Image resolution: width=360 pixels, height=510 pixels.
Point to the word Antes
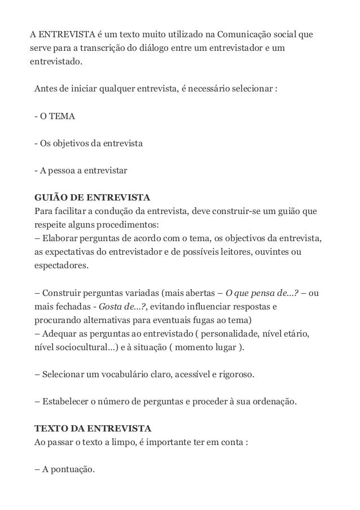pyautogui.click(x=45, y=89)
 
